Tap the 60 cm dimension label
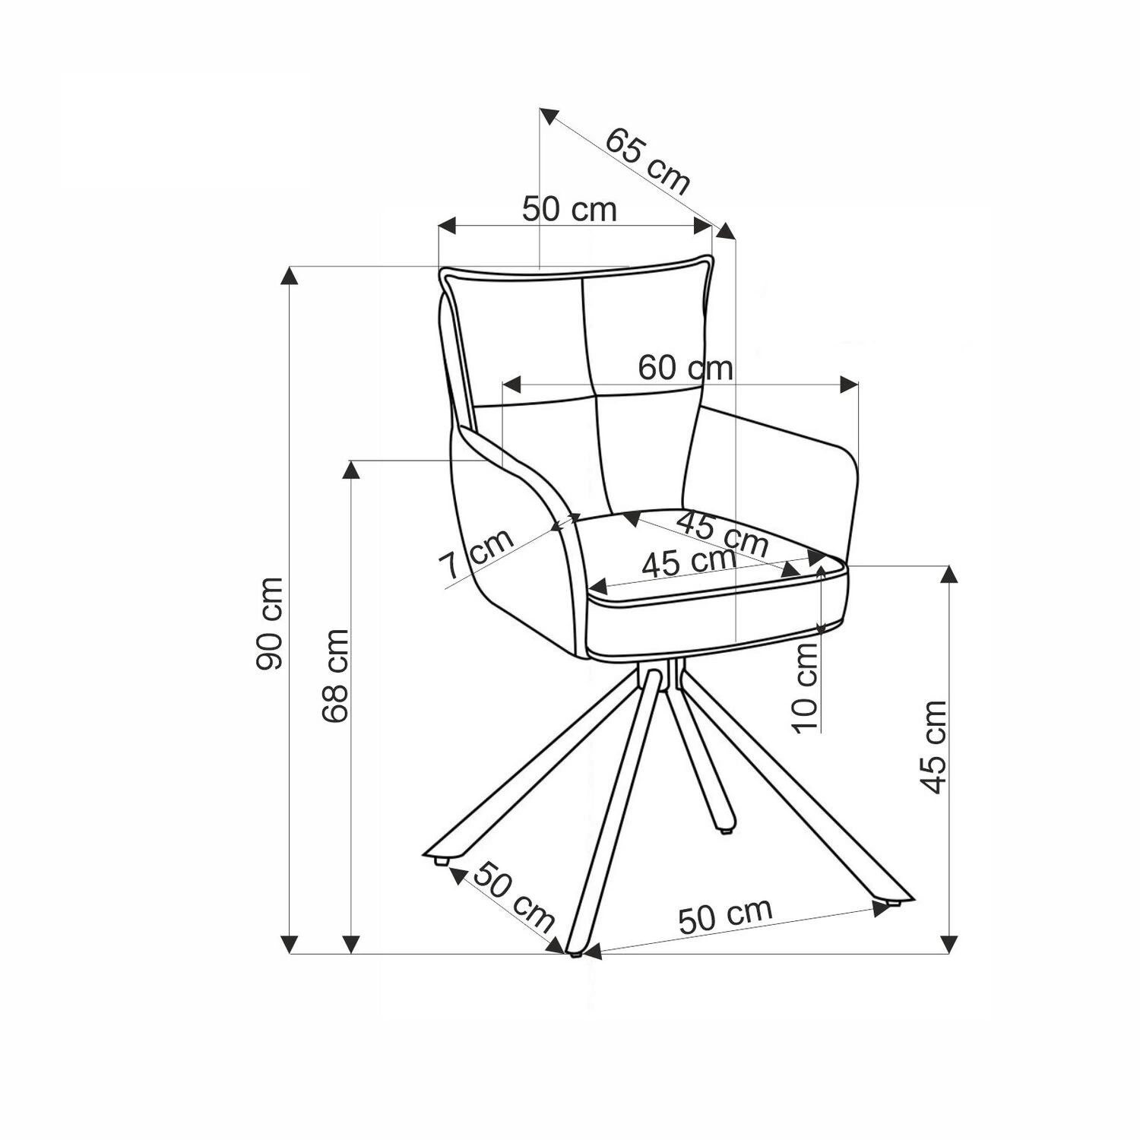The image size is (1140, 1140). [686, 368]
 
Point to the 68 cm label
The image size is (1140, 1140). [334, 676]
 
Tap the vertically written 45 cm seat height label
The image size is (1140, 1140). [934, 747]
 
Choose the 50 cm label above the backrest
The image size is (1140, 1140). [569, 209]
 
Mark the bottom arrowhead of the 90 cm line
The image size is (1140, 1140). [289, 943]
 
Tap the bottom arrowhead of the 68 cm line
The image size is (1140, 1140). [351, 943]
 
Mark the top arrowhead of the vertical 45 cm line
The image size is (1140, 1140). [948, 576]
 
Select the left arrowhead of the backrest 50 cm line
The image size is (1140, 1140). [448, 226]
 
